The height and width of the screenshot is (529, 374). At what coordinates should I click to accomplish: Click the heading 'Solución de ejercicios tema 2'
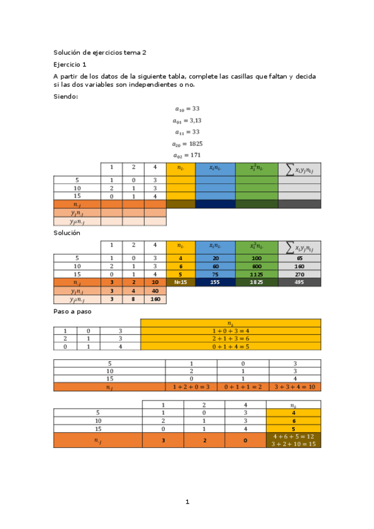tap(99, 54)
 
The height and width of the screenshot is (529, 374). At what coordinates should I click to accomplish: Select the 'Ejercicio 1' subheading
tap(71, 64)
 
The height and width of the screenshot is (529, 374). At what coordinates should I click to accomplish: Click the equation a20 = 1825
tap(187, 143)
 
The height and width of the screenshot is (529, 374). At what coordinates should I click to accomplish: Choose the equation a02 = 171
tap(187, 155)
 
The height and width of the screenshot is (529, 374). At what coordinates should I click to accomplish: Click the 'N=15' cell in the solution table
tap(180, 283)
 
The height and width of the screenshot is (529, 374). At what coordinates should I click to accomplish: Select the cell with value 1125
tap(257, 274)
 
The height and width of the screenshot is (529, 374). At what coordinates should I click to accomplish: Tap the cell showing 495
tap(299, 283)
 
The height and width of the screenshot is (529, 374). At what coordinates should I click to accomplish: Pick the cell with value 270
tap(299, 274)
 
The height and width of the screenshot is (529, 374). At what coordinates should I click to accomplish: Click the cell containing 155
tap(215, 283)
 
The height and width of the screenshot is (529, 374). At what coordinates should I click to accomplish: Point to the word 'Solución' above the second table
tap(67, 232)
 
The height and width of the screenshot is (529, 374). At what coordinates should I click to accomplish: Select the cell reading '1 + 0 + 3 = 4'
tap(230, 330)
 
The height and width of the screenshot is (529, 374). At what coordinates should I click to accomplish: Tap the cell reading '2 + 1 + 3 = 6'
tap(230, 338)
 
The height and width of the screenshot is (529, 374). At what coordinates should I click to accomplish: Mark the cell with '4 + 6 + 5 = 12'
tap(293, 436)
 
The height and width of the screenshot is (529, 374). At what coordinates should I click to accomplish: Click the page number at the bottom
tap(187, 502)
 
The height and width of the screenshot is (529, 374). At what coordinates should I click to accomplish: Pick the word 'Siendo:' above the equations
tap(66, 96)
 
